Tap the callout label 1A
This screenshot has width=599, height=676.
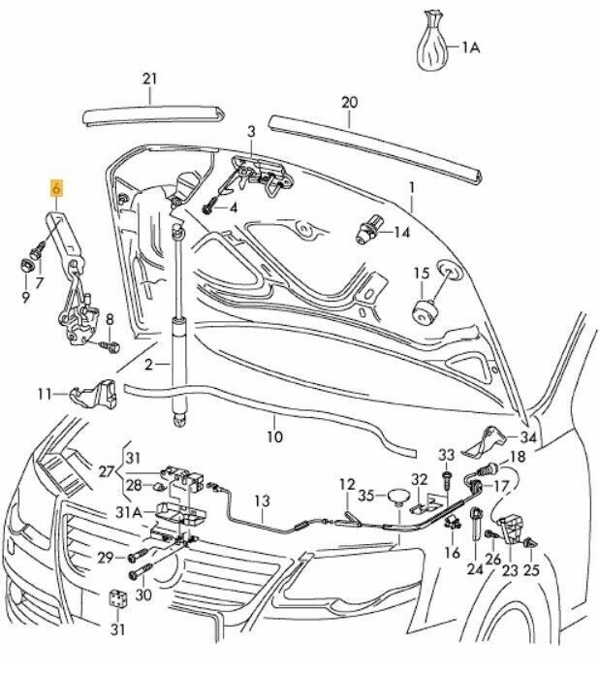pyautogui.click(x=470, y=46)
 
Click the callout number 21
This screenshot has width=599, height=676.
pyautogui.click(x=148, y=78)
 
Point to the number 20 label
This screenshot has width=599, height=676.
pyautogui.click(x=350, y=101)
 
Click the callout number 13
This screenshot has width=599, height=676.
pyautogui.click(x=262, y=500)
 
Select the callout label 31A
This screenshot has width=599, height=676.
pyautogui.click(x=130, y=511)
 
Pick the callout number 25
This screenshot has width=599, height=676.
pyautogui.click(x=531, y=571)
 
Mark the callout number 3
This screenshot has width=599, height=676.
pyautogui.click(x=251, y=131)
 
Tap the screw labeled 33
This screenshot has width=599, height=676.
pyautogui.click(x=446, y=476)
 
